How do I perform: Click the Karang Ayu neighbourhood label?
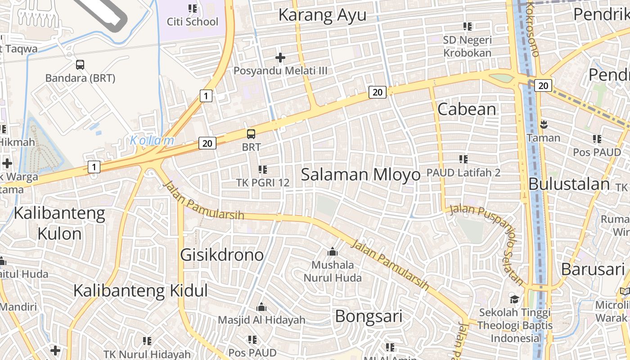[322, 15]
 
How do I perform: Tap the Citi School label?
[193, 22]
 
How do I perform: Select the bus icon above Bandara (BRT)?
[80, 64]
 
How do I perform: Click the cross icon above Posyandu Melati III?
[280, 58]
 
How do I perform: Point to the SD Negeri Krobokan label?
[467, 46]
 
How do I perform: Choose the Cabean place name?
[467, 109]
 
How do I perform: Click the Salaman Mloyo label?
[360, 175]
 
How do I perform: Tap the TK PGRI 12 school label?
[263, 183]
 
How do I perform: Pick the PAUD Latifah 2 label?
[463, 172]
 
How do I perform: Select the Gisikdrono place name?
[222, 255]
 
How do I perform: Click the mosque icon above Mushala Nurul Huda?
[333, 252]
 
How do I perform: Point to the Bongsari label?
[369, 316]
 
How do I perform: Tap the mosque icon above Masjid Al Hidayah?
[261, 308]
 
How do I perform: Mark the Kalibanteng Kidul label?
[140, 290]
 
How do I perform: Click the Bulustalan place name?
[569, 184]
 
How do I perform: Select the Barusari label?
[593, 269]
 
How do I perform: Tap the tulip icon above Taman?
[544, 124]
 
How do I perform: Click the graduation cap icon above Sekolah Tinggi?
[514, 299]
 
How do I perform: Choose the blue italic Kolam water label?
[152, 140]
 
